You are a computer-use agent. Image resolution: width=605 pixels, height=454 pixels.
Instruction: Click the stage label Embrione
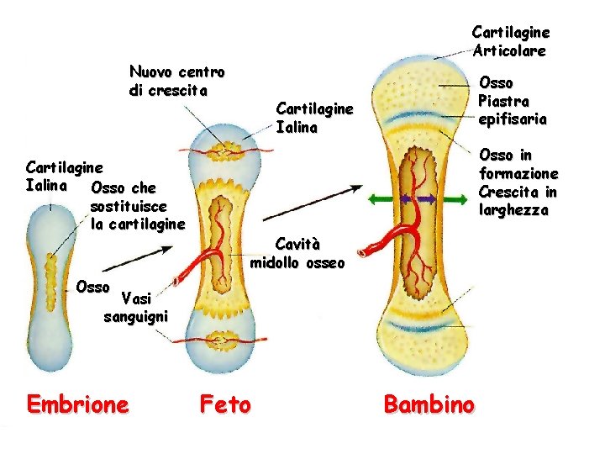78,404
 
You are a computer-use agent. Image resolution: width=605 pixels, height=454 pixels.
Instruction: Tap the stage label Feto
225,405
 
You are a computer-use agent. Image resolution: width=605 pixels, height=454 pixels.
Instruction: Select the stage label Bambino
429,404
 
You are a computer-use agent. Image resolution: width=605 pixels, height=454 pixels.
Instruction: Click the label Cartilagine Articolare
511,41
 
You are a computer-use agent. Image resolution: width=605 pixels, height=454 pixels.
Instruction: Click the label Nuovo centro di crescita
176,80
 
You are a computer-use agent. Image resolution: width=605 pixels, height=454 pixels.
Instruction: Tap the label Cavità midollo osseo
297,253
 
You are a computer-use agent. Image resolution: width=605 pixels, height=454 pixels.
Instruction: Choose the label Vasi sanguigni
136,307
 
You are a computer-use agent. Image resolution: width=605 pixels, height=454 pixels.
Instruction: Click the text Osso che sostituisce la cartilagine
136,206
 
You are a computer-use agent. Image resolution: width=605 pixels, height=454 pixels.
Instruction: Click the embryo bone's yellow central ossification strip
52,278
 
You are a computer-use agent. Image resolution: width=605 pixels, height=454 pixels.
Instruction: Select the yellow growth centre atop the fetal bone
224,152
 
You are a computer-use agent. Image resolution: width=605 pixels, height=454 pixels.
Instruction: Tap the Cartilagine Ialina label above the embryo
64,175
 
